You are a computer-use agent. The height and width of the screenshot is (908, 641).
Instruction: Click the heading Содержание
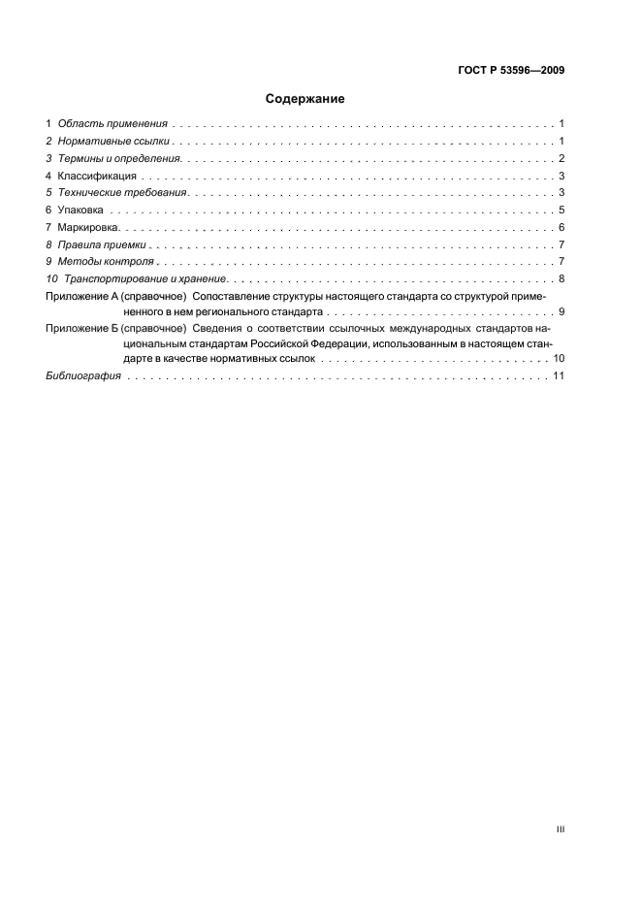pyautogui.click(x=305, y=98)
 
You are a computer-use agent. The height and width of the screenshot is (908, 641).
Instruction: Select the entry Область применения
pyautogui.click(x=113, y=124)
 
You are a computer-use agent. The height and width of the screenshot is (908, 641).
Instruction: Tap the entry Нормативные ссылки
pyautogui.click(x=115, y=142)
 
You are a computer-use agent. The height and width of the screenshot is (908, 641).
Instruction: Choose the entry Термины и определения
pyautogui.click(x=121, y=158)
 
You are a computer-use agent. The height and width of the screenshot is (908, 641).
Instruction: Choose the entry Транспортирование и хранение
pyautogui.click(x=144, y=279)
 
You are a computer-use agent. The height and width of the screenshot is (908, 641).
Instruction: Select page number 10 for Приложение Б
pyautogui.click(x=560, y=360)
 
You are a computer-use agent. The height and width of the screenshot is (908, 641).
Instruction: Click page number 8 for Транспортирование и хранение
pyautogui.click(x=562, y=279)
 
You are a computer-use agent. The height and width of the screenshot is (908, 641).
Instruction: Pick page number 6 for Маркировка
pyautogui.click(x=562, y=228)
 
